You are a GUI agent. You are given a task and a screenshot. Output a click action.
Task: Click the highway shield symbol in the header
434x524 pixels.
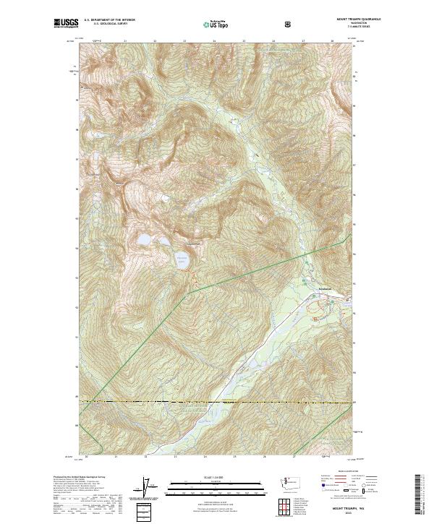pos(290,24)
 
